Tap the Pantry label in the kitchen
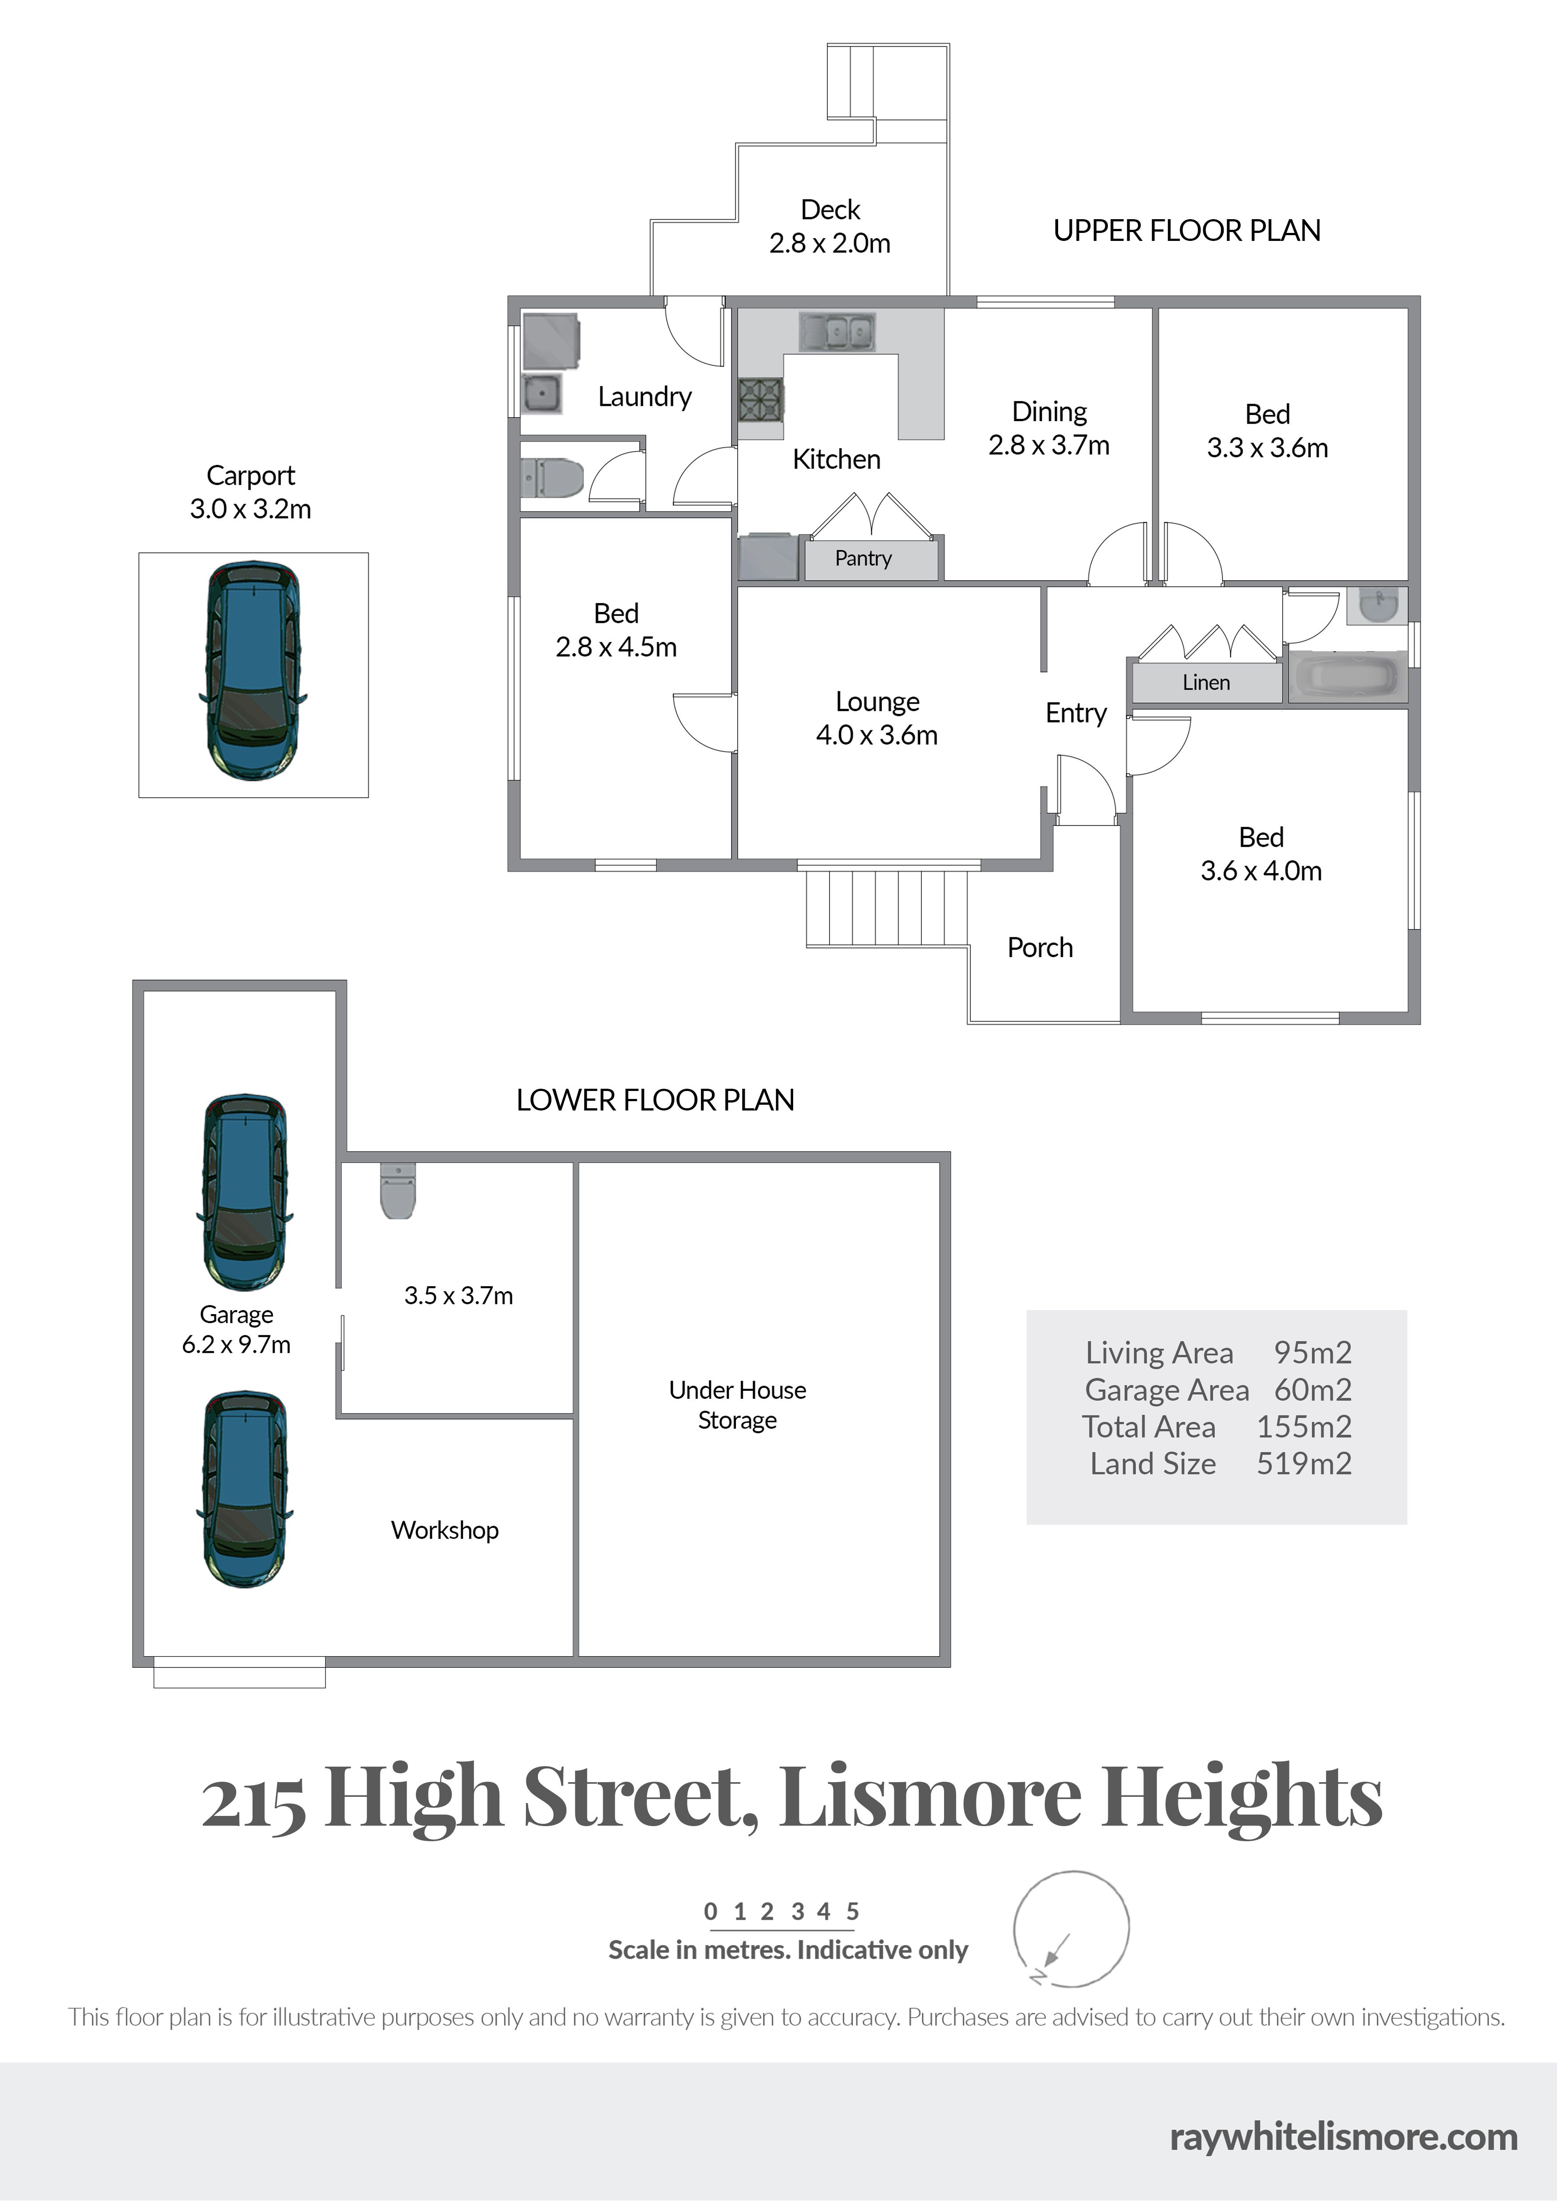(x=863, y=558)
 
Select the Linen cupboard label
(x=1206, y=682)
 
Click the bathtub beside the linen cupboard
(x=1347, y=676)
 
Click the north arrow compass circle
(x=1071, y=1929)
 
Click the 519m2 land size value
(x=1304, y=1464)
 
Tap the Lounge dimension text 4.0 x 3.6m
(x=876, y=735)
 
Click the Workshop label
(x=445, y=1530)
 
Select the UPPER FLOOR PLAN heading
(x=1187, y=231)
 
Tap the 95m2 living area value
(x=1312, y=1353)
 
